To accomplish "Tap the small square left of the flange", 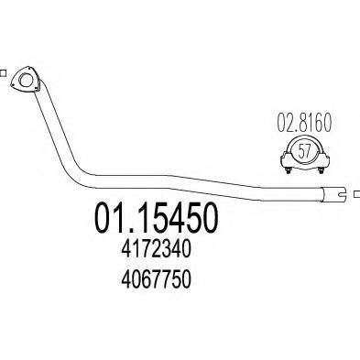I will (x=3, y=74).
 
